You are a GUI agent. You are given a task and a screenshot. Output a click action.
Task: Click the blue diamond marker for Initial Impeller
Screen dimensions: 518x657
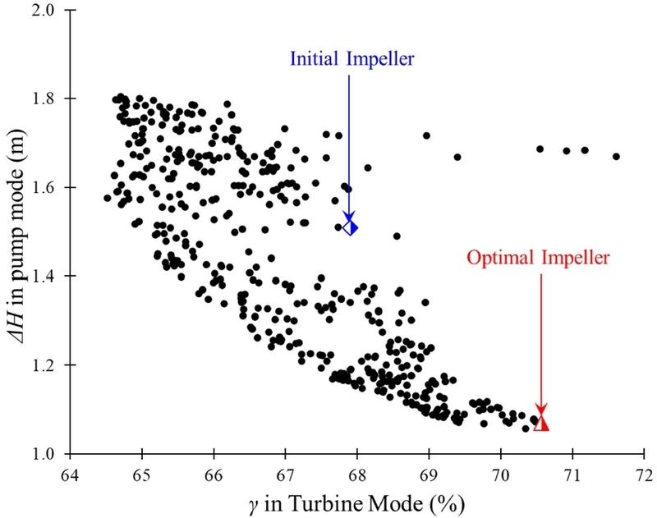pos(351,227)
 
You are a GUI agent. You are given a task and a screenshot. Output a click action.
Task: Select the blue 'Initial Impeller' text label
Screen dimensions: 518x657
pos(351,59)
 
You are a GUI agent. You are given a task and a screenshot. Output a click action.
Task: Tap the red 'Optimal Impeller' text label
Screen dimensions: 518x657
pos(539,258)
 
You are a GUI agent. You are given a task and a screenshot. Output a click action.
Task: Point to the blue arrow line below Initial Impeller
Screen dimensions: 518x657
pos(348,148)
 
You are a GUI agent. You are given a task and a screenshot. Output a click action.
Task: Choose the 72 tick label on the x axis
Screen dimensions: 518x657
pos(643,474)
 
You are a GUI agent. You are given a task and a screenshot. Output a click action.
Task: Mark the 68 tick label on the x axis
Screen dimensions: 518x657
pos(356,474)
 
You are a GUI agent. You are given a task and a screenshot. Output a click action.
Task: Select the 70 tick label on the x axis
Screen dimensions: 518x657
pos(499,474)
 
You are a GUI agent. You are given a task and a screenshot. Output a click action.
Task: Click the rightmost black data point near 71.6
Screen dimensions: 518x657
pos(616,156)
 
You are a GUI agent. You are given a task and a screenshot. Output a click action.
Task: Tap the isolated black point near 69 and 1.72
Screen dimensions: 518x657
pos(426,135)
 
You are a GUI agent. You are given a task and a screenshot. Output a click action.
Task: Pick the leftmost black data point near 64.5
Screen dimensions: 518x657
pos(107,198)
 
